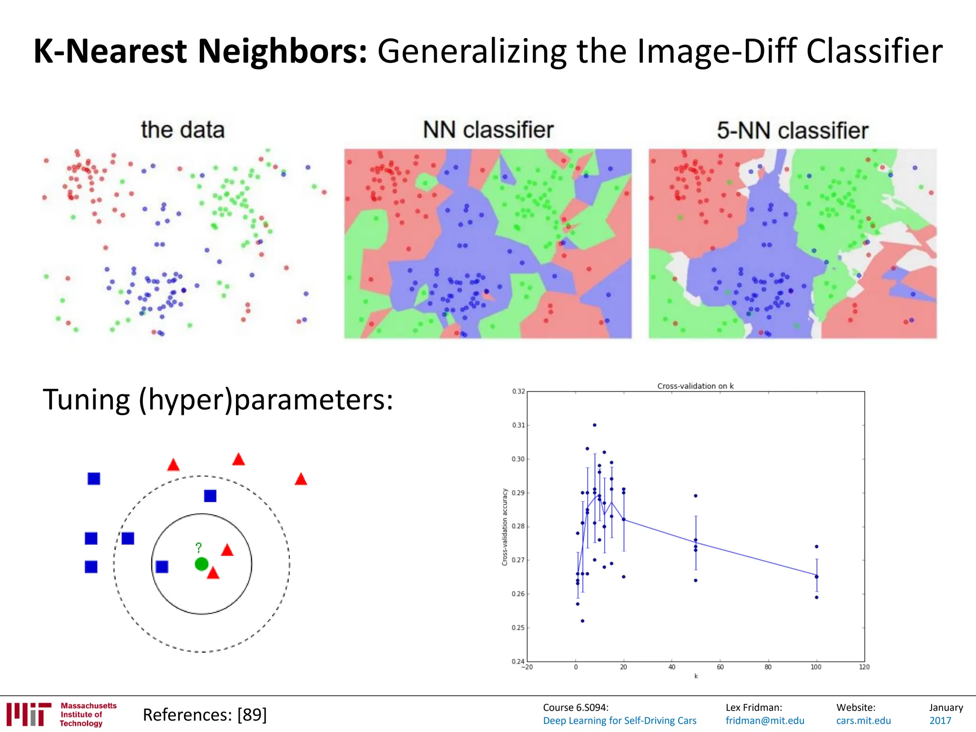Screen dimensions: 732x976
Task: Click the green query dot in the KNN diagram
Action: (202, 564)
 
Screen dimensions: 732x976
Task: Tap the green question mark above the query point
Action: (199, 548)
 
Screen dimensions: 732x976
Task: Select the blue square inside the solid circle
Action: (162, 567)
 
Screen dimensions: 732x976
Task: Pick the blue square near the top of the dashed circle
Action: (210, 496)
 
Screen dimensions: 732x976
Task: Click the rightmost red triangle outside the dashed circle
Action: (301, 479)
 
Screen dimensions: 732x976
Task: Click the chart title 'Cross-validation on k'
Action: (695, 386)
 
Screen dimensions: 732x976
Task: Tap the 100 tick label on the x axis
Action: (816, 667)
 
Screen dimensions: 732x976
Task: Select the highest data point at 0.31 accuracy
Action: (594, 425)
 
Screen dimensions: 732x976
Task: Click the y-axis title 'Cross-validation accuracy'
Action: (505, 527)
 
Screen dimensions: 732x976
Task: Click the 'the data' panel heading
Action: (183, 130)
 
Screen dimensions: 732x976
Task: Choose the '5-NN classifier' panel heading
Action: (793, 131)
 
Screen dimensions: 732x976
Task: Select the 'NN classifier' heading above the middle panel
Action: (488, 130)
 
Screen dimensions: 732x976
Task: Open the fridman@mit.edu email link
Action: (765, 721)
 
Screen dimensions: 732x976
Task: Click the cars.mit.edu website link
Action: (864, 721)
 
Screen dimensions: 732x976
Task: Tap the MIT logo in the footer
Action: (29, 714)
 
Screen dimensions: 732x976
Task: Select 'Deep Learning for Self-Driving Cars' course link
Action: (620, 721)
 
